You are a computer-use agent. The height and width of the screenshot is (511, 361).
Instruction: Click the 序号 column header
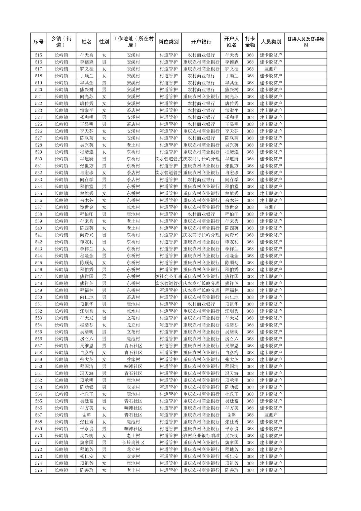coord(38,42)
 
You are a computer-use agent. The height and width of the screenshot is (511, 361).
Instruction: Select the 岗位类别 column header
coord(168,42)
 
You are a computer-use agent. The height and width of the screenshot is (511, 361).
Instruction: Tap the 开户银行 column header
coord(201,42)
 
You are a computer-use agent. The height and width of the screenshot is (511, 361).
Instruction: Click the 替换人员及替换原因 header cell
coord(305,42)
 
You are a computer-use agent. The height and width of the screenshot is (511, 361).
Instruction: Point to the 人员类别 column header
coord(271,42)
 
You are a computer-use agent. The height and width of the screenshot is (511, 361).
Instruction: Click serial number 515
coord(38,55)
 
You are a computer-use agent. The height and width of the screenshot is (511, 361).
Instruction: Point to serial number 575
coord(38,470)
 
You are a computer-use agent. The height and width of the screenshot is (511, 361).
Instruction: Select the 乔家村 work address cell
coord(133,359)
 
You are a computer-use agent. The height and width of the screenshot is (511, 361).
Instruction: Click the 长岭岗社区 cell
coord(133,443)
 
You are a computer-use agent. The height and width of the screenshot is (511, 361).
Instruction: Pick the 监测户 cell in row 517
coord(271,69)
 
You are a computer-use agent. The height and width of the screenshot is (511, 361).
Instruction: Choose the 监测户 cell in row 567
coord(271,415)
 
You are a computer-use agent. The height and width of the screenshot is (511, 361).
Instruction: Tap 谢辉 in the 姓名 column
coord(86,415)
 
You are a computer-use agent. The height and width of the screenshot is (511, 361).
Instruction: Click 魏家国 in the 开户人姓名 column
coord(232,443)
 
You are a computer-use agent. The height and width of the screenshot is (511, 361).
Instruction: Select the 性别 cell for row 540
coord(104,228)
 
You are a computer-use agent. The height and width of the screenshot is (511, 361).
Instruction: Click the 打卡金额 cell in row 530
coord(250,159)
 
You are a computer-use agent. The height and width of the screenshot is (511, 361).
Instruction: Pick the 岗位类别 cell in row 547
coord(168,277)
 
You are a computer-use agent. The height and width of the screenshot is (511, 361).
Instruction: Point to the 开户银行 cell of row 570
coord(201,436)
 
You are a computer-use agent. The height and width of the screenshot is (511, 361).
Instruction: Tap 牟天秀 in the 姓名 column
coord(86,55)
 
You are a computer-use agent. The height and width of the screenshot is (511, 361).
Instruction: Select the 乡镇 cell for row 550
coord(62,297)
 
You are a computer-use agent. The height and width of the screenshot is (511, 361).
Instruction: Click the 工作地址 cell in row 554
coord(133,325)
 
